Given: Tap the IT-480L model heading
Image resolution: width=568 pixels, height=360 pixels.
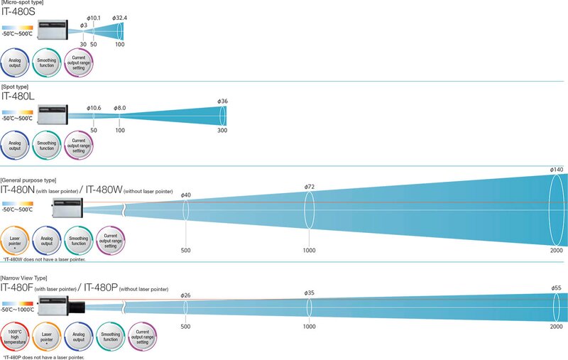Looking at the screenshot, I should pyautogui.click(x=20, y=97).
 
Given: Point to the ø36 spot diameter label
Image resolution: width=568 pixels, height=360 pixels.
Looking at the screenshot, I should pyautogui.click(x=223, y=101).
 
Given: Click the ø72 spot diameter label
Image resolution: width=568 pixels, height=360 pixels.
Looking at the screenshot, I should pyautogui.click(x=310, y=186).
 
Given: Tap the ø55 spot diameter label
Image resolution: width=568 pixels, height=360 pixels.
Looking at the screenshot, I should pyautogui.click(x=557, y=288).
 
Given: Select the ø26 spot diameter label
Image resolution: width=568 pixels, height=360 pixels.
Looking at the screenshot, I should pyautogui.click(x=186, y=295).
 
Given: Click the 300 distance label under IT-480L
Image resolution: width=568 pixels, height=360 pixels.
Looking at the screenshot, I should pyautogui.click(x=222, y=131).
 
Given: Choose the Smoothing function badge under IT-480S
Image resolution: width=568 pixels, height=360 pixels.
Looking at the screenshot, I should pyautogui.click(x=47, y=62).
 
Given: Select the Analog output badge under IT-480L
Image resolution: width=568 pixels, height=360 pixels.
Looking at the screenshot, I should pyautogui.click(x=15, y=147).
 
